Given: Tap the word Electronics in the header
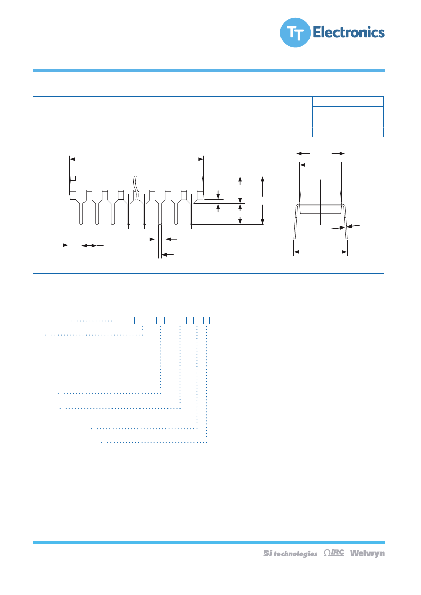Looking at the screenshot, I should click(x=348, y=33).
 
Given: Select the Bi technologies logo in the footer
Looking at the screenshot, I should click(x=290, y=553).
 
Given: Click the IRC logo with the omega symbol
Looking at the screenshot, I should click(x=333, y=553).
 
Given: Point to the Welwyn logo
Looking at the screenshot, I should click(x=367, y=553).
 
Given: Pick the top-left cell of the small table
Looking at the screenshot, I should click(x=329, y=101).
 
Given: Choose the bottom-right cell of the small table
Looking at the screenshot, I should click(x=366, y=132).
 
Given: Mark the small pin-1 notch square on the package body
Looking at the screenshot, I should click(x=73, y=178).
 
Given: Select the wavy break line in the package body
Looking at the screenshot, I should click(x=136, y=187).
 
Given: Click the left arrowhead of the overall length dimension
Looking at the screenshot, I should click(x=72, y=159).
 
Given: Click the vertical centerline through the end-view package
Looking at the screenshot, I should click(x=320, y=202).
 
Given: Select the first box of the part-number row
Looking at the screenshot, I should click(x=120, y=320).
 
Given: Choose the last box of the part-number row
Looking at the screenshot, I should click(x=207, y=320).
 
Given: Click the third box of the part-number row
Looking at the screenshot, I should click(x=160, y=320).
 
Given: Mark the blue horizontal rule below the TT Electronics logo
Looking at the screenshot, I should click(x=209, y=70).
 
